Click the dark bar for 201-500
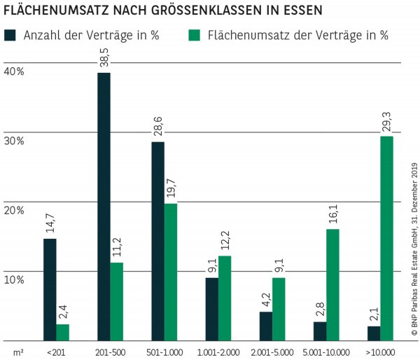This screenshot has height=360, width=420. [104, 206]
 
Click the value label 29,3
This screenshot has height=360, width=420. [386, 122]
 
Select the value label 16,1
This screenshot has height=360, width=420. [332, 215]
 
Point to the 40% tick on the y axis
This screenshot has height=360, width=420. [14, 71]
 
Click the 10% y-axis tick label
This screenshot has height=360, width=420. [14, 279]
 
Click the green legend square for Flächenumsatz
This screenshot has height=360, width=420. [194, 35]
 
